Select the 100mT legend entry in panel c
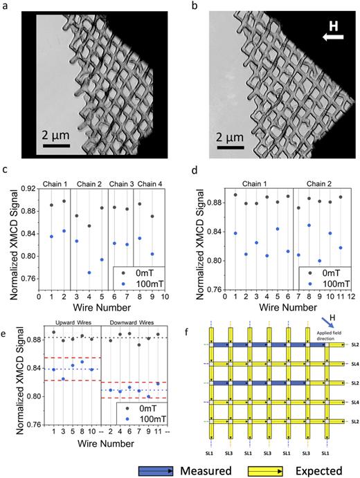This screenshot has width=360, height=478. pyautogui.click(x=143, y=282)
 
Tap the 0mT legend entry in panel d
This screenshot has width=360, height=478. pyautogui.click(x=327, y=270)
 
